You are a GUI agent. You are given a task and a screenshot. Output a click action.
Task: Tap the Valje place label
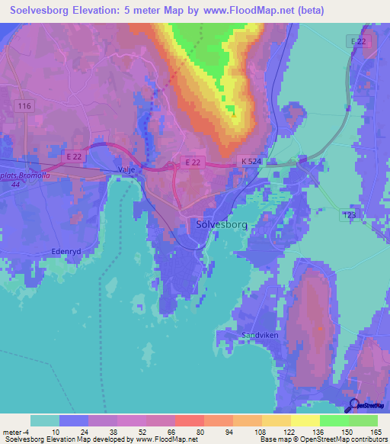(x=126, y=169)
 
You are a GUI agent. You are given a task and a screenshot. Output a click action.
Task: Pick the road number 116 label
(x=24, y=106)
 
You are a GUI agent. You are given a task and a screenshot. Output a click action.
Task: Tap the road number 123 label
(x=350, y=216)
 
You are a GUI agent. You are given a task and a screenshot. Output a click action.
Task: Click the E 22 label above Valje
(x=74, y=156)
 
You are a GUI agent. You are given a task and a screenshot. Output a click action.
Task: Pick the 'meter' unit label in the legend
(x=13, y=432)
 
